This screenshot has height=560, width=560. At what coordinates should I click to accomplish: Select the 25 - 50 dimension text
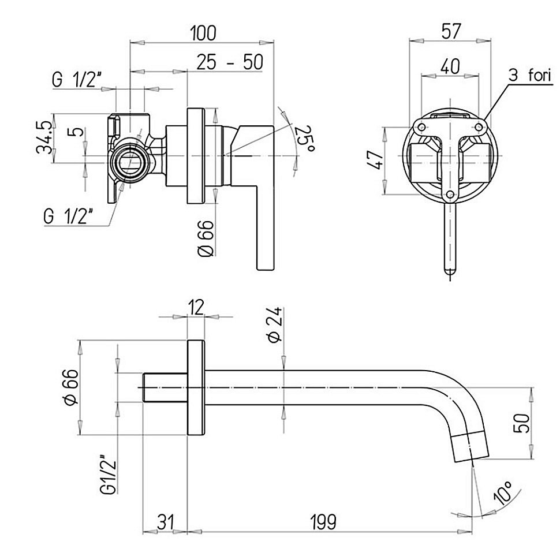point(230,62)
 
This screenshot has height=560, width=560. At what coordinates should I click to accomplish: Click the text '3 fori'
point(530,76)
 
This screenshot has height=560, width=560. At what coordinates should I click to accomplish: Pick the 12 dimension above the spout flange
point(196,307)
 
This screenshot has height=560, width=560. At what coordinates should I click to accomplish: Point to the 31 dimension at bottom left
point(165,522)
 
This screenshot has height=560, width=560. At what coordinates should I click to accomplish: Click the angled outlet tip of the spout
point(471,447)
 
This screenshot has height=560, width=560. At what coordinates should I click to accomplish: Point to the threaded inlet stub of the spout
point(165,387)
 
